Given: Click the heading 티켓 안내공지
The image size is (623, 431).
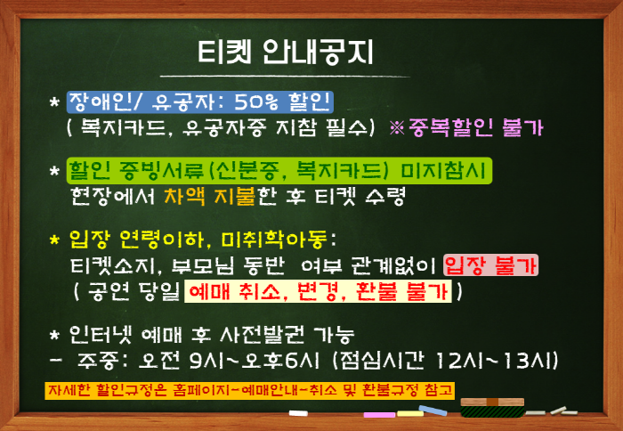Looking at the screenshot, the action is [x=285, y=52].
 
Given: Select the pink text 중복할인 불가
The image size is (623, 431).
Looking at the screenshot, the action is [x=474, y=128].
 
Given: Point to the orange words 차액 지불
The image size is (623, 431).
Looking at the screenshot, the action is [x=209, y=196].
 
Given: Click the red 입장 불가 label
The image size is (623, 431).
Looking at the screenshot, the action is [x=491, y=265].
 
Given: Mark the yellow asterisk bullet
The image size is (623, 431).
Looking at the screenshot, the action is [x=54, y=240].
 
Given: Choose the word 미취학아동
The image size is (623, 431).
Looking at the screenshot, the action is [x=274, y=239].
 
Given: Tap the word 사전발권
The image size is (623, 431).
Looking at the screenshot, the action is [x=262, y=335].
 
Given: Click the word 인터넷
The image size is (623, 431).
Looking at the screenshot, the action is [x=95, y=335].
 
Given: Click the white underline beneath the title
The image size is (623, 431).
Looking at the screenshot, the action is [x=285, y=76].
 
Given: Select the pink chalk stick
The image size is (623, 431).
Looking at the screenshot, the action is [x=379, y=415].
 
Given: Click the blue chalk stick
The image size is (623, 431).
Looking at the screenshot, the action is [x=433, y=411].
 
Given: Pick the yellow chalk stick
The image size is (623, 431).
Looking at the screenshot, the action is [x=410, y=413].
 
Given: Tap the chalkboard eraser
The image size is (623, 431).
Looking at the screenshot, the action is [x=492, y=408].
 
